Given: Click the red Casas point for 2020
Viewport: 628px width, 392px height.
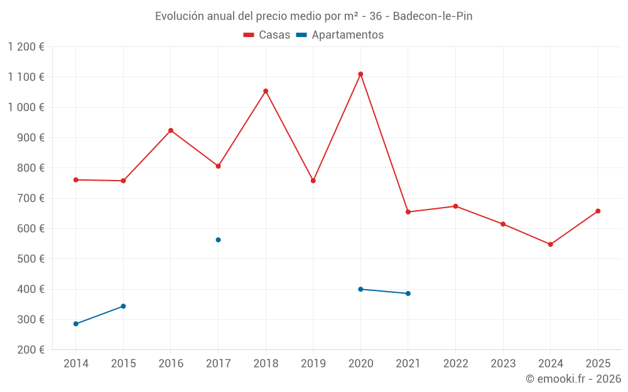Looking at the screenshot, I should click(x=360, y=74).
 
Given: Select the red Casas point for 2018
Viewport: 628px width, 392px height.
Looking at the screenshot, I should click(x=266, y=91).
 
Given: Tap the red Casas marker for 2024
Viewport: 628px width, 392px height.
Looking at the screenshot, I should click(x=550, y=244).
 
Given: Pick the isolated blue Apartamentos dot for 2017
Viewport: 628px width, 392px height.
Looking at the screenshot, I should click(x=218, y=240).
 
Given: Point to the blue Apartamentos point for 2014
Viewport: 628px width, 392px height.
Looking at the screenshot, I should click(x=76, y=324).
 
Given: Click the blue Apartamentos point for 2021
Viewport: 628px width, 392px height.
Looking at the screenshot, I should click(x=408, y=294).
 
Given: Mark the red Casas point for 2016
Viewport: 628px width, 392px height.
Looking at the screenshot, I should click(x=171, y=130).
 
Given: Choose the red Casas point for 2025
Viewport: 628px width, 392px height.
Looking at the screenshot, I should click(x=598, y=211).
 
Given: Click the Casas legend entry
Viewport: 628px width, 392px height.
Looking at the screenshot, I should click(x=267, y=35).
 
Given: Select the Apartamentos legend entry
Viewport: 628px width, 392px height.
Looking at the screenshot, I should click(x=340, y=35).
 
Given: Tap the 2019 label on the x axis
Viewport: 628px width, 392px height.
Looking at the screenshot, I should click(x=313, y=364).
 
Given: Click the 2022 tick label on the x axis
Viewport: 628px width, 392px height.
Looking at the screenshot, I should click(x=455, y=364).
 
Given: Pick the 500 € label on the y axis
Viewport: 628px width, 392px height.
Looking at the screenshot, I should click(x=32, y=259).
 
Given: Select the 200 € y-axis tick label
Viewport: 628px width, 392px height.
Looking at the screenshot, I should click(x=32, y=350).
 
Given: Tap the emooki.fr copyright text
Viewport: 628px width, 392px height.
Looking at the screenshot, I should click(x=573, y=379).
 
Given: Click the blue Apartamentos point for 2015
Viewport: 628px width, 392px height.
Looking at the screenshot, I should click(x=123, y=306).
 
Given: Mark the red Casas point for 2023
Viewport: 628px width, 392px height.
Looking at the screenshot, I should click(x=503, y=224).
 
